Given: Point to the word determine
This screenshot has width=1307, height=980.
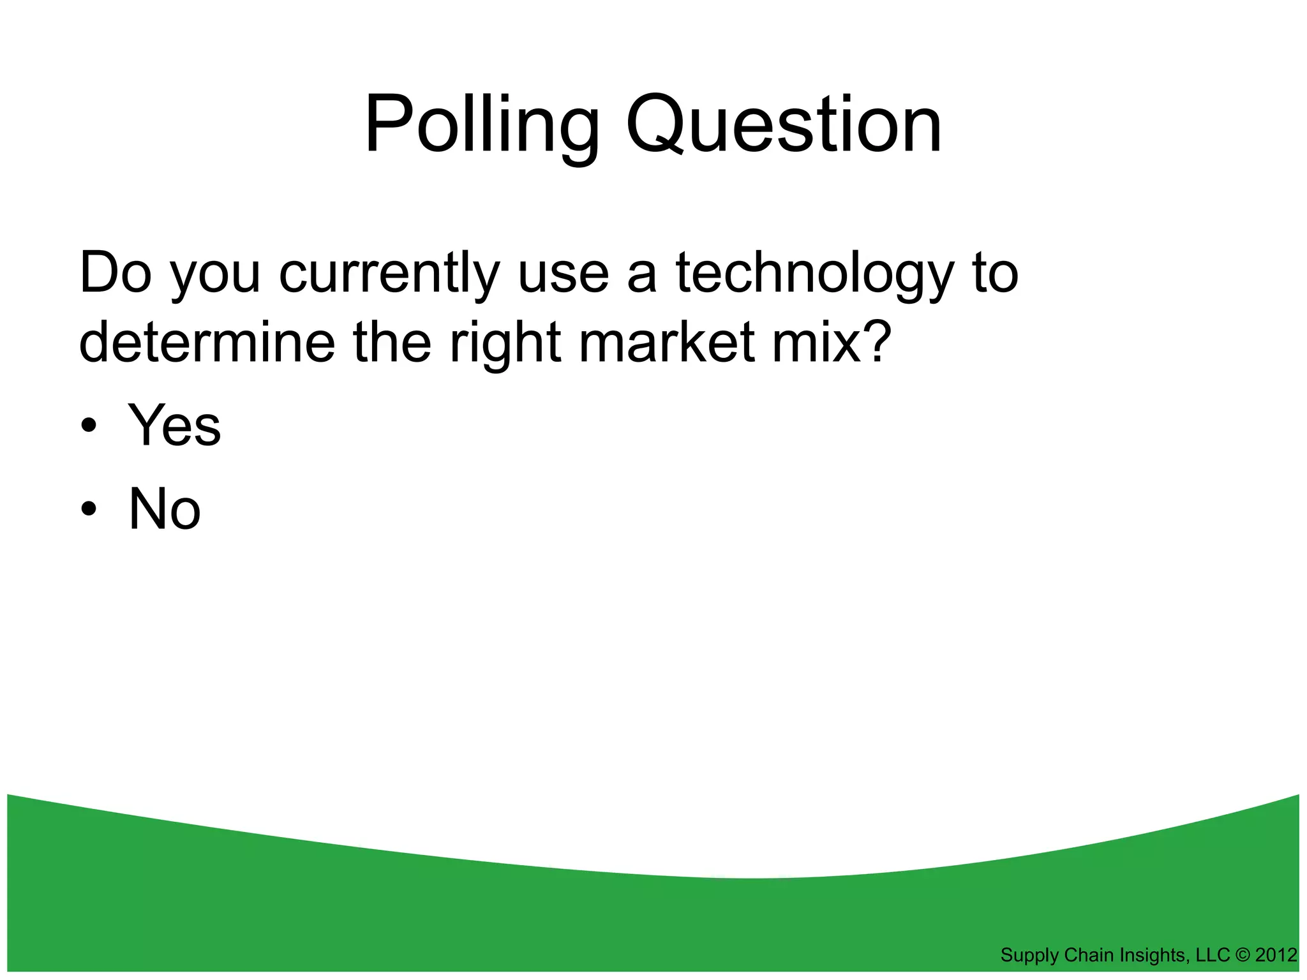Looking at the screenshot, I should pyautogui.click(x=207, y=343).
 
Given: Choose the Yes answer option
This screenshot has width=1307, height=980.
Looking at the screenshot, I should pyautogui.click(x=174, y=426).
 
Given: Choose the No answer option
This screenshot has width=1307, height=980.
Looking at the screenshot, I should pyautogui.click(x=165, y=509).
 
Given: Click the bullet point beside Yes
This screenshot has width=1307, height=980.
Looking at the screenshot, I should pyautogui.click(x=89, y=426).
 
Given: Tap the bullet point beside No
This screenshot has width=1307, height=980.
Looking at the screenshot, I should pyautogui.click(x=89, y=510).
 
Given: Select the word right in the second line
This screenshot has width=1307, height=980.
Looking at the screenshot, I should pyautogui.click(x=505, y=343).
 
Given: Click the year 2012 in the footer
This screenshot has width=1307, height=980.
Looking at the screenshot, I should pyautogui.click(x=1276, y=955).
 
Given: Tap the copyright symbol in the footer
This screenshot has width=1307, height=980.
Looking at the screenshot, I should pyautogui.click(x=1243, y=955).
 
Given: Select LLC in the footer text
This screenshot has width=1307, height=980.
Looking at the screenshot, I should pyautogui.click(x=1213, y=955).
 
